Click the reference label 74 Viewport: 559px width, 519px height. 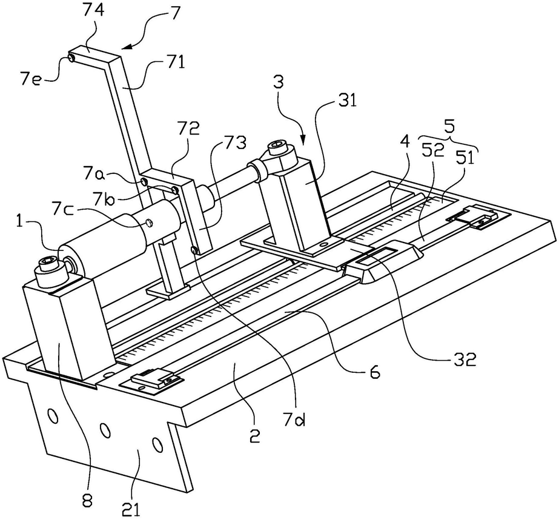[x=94, y=10]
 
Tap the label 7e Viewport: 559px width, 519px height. [x=31, y=79]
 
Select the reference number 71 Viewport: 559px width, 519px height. [x=175, y=63]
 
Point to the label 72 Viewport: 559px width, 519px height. [x=190, y=130]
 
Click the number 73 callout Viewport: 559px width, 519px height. [x=236, y=142]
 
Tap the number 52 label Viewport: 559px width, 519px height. [x=434, y=152]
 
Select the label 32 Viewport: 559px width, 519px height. [x=466, y=361]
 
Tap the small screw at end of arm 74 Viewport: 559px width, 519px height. [x=71, y=58]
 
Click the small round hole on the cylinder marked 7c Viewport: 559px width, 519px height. [x=148, y=224]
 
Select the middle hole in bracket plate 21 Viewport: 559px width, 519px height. [x=104, y=430]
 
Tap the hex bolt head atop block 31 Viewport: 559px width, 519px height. [x=278, y=146]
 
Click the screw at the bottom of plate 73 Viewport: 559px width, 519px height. [x=194, y=250]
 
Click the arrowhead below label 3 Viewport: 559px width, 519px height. [x=303, y=140]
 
